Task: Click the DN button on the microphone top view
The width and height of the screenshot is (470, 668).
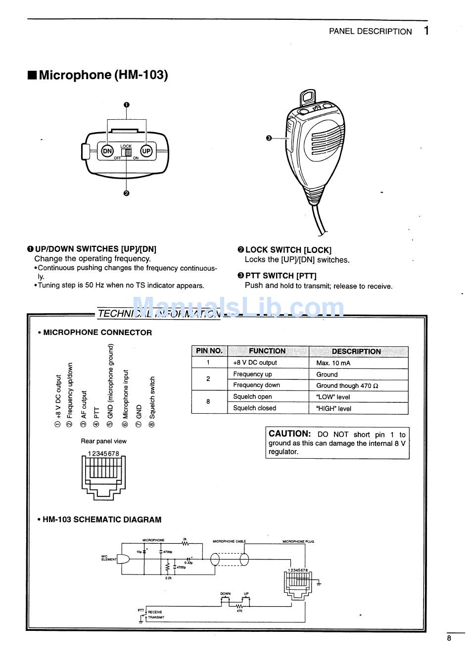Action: click(107, 151)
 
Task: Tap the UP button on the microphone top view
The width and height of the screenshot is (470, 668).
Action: click(146, 151)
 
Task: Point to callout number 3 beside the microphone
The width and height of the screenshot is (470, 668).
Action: click(269, 138)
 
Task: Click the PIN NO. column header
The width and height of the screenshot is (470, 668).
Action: click(209, 351)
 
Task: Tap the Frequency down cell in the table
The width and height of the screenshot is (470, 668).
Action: click(256, 385)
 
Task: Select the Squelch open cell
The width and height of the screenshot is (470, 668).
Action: click(252, 396)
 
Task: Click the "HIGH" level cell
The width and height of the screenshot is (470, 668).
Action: click(333, 409)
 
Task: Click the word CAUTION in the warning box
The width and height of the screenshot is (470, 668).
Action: click(289, 433)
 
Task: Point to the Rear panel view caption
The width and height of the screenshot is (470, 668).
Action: click(103, 441)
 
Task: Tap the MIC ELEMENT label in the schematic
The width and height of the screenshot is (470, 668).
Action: click(109, 558)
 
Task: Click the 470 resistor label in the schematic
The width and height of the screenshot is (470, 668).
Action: click(239, 611)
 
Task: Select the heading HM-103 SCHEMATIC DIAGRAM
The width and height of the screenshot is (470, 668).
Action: click(101, 520)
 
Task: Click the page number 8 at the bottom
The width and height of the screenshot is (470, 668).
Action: click(449, 638)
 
